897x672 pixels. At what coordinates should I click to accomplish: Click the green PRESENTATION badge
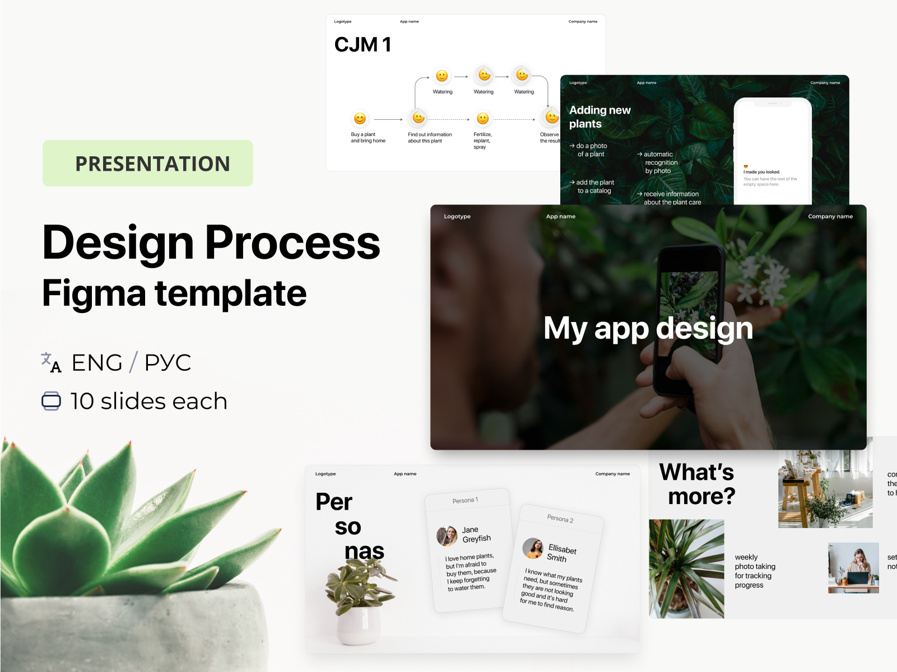click(x=148, y=164)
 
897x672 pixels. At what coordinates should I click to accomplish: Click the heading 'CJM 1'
click(x=362, y=45)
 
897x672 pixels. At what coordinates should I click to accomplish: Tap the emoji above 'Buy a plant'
click(x=360, y=119)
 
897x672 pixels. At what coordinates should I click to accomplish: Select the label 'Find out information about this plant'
click(x=430, y=138)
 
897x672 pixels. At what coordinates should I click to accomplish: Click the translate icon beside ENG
click(x=51, y=362)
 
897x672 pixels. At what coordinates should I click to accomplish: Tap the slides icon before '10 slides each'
click(x=52, y=401)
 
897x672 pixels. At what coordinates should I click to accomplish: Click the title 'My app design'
click(x=648, y=328)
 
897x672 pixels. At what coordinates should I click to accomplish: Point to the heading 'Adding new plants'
click(x=599, y=117)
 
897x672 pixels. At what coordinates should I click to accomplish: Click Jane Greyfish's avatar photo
click(x=447, y=536)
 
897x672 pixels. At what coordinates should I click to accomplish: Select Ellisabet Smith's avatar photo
click(x=533, y=548)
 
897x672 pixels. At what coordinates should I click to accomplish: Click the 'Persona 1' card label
click(x=465, y=500)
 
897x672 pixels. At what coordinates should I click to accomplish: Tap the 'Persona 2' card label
click(x=560, y=519)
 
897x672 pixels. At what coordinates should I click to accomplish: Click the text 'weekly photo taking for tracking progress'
click(x=755, y=571)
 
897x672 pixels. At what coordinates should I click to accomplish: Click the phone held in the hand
click(x=689, y=314)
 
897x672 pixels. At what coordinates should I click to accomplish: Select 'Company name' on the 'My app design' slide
click(x=830, y=217)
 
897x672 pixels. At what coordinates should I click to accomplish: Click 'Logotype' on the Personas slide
click(x=326, y=474)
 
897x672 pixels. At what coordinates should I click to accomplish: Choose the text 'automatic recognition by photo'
click(x=660, y=162)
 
